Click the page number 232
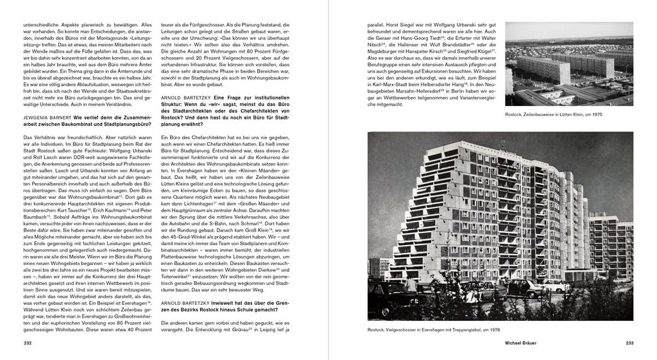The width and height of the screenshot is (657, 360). (27, 343)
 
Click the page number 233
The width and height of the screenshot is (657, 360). (629, 343)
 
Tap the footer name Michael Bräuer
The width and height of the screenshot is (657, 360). (521, 343)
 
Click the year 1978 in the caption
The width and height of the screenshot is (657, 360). (490, 330)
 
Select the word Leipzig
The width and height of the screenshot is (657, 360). (257, 330)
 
